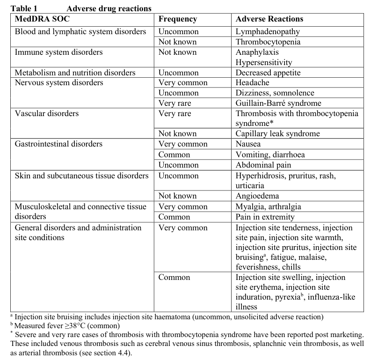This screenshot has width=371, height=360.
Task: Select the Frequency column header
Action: pyautogui.click(x=178, y=20)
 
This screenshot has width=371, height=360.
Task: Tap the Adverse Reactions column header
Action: pyautogui.click(x=269, y=20)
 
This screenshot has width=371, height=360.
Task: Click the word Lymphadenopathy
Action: pyautogui.click(x=268, y=32)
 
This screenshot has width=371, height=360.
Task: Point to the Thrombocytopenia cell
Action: pyautogui.click(x=268, y=42)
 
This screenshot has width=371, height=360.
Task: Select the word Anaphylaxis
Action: pyautogui.click(x=257, y=52)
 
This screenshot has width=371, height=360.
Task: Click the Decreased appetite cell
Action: pyautogui.click(x=267, y=73)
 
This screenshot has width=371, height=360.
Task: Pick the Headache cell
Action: pyautogui.click(x=252, y=83)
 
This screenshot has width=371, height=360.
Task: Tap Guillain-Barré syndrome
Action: pyautogui.click(x=278, y=103)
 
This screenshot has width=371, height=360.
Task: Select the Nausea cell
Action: pyautogui.click(x=248, y=144)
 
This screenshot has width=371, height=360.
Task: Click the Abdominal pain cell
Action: pyautogui.click(x=263, y=165)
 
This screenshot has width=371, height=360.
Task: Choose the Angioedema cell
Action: pyautogui.click(x=257, y=196)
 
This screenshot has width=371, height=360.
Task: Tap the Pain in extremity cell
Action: pyautogui.click(x=265, y=217)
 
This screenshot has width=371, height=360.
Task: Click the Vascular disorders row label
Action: pyautogui.click(x=47, y=114)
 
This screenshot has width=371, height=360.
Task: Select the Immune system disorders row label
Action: pyautogui.click(x=59, y=52)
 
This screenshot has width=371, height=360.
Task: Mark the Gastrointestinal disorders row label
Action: pyautogui.click(x=58, y=144)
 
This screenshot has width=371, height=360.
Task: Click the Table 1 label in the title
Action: pyautogui.click(x=23, y=8)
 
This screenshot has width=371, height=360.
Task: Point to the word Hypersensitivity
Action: pyautogui.click(x=264, y=63)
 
